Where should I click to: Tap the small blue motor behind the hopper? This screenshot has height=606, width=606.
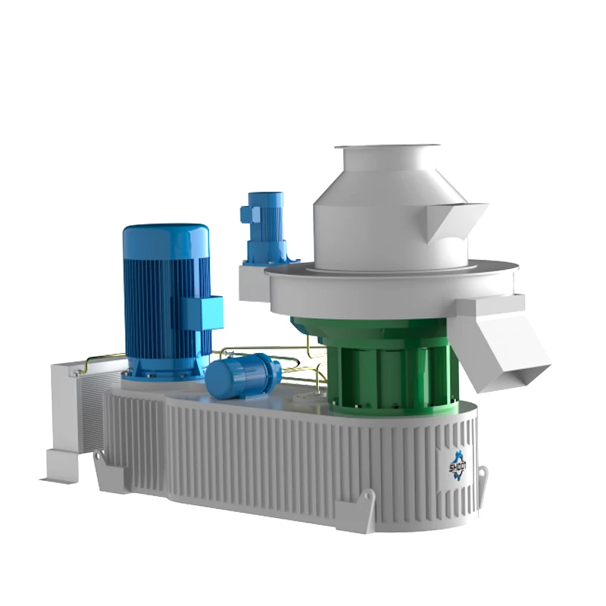coord(264,220)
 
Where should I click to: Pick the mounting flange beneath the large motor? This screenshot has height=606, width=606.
coord(163,371)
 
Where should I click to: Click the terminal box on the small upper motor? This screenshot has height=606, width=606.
coord(246,214)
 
